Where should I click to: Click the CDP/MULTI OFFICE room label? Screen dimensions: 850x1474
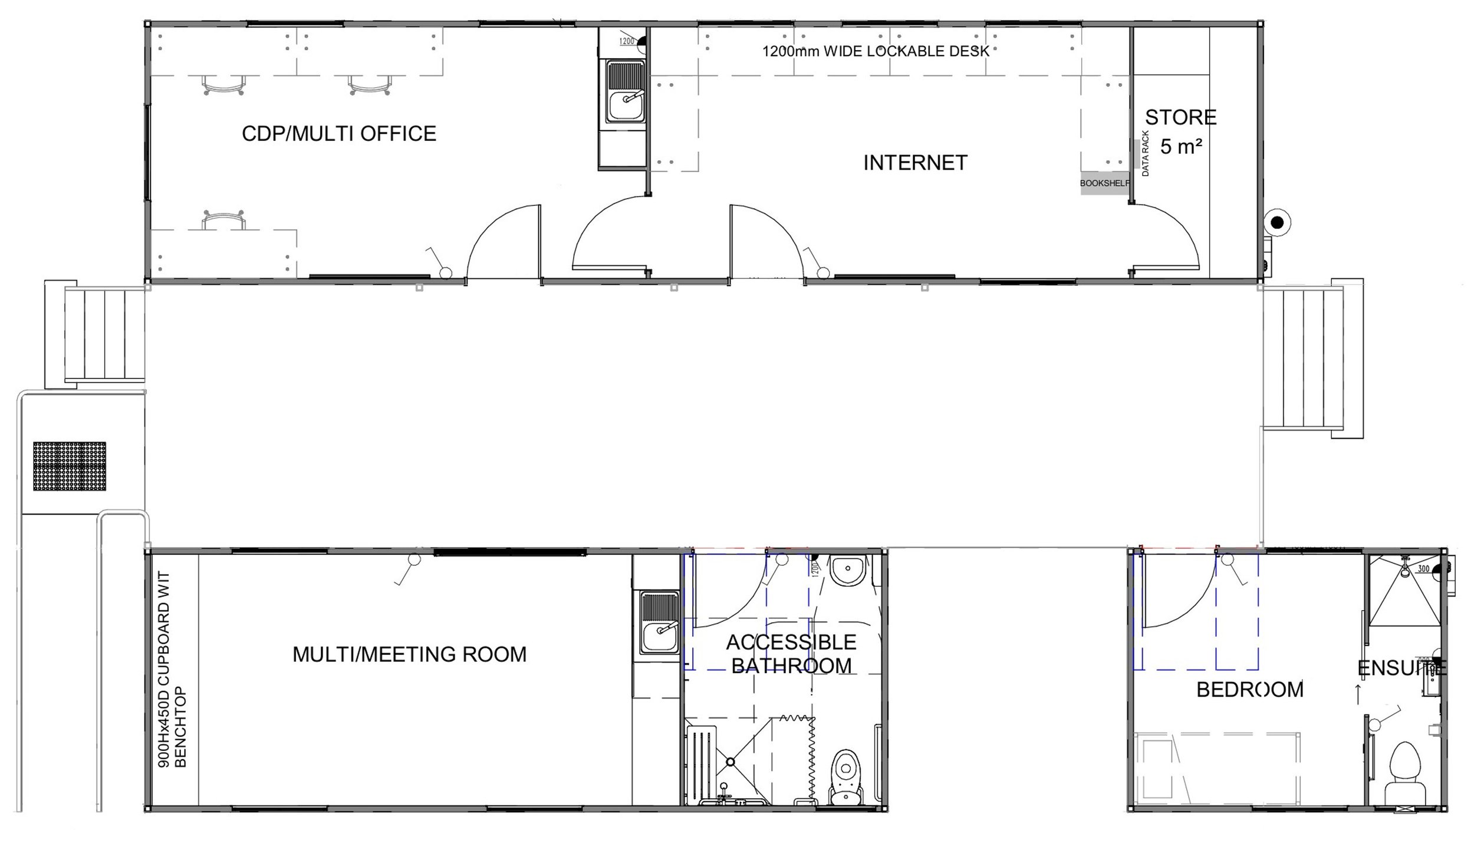click(339, 134)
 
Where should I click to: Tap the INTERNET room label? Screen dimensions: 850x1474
click(915, 163)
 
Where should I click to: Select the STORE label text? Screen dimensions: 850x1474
click(1180, 118)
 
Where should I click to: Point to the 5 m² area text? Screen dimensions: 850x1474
click(1181, 147)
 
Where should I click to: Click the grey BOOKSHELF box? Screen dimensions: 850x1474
click(1104, 183)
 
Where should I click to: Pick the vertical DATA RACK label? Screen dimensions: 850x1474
click(1146, 154)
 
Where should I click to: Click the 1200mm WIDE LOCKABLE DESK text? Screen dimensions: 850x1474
click(876, 51)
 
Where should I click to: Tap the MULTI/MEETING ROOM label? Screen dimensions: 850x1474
click(409, 654)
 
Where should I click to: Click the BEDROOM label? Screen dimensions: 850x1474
click(1249, 690)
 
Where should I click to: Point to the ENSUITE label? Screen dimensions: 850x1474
click(1401, 668)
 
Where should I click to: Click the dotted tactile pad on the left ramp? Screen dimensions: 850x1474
click(69, 466)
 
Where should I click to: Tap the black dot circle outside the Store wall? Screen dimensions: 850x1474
click(1278, 222)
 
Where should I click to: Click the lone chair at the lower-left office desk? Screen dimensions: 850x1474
click(223, 220)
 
